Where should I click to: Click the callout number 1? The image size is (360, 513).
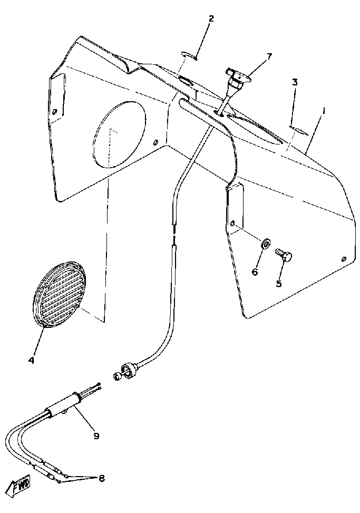coord(324,112)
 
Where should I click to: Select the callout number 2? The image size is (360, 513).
coord(211,19)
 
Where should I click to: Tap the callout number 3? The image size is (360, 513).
coord(295,82)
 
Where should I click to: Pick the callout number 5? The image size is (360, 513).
coord(279,283)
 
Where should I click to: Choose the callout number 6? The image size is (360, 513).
coord(255,272)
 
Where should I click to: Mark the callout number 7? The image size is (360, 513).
coord(269,56)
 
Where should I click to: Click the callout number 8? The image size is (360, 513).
coord(101,478)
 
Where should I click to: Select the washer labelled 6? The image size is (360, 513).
coord(266,244)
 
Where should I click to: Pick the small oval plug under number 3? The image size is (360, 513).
coord(296,127)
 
